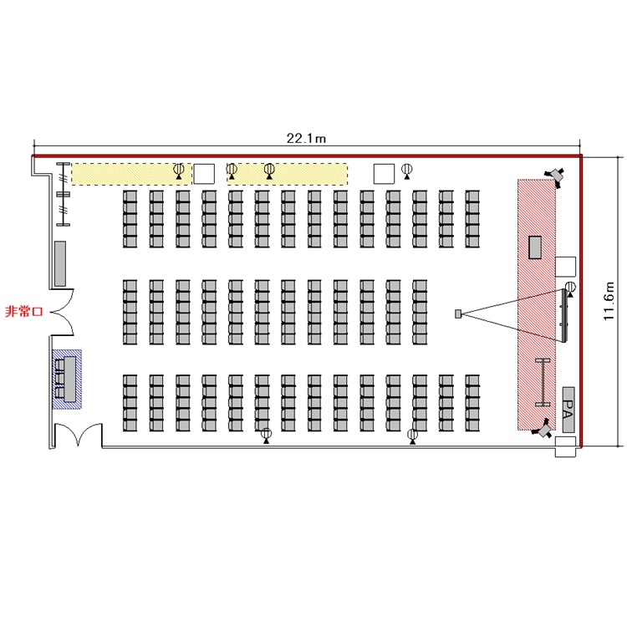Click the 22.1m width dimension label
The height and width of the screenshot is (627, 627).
point(306,138)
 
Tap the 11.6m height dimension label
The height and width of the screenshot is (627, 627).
point(609,300)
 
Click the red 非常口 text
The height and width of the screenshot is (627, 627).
point(23,311)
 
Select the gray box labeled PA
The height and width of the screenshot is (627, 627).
point(568,410)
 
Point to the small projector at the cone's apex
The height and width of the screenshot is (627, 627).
point(458,313)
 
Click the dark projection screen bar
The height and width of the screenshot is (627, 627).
point(564,315)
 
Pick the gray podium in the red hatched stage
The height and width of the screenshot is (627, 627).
point(535,247)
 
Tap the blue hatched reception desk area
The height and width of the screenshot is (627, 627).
point(67,380)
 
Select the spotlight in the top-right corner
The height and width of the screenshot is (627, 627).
point(556,175)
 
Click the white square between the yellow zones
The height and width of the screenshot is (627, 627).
point(204,174)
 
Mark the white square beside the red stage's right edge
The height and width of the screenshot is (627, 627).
point(565,267)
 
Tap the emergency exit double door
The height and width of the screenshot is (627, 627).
point(62,312)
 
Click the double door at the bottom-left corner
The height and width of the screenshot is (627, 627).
point(78,435)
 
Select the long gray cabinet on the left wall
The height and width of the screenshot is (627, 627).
point(60,263)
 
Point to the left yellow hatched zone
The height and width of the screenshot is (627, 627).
point(131,174)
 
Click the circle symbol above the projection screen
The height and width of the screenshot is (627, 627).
point(571,287)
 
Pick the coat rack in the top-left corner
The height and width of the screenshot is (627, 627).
point(63,194)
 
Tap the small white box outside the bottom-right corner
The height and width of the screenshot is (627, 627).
point(565,446)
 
